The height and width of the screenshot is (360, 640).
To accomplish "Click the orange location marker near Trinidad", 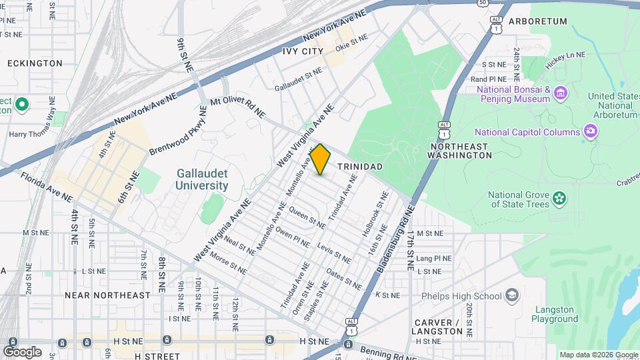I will click(x=321, y=159).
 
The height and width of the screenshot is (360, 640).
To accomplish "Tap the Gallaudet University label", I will click(x=202, y=179).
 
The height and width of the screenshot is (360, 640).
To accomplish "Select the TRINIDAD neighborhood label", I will click(x=359, y=165).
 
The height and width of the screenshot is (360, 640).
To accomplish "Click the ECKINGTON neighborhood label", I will click(x=35, y=63).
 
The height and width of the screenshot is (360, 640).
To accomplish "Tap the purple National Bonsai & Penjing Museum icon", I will click(x=560, y=92).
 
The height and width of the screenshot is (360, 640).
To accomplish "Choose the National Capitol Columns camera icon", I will click(x=589, y=131).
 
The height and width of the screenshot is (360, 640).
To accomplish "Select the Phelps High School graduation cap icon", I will click(x=511, y=295).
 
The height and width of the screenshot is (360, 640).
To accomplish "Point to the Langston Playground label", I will click(x=554, y=314).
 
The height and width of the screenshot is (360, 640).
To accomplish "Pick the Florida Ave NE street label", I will click(x=46, y=187).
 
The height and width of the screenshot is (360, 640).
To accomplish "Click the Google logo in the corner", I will click(x=22, y=351).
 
